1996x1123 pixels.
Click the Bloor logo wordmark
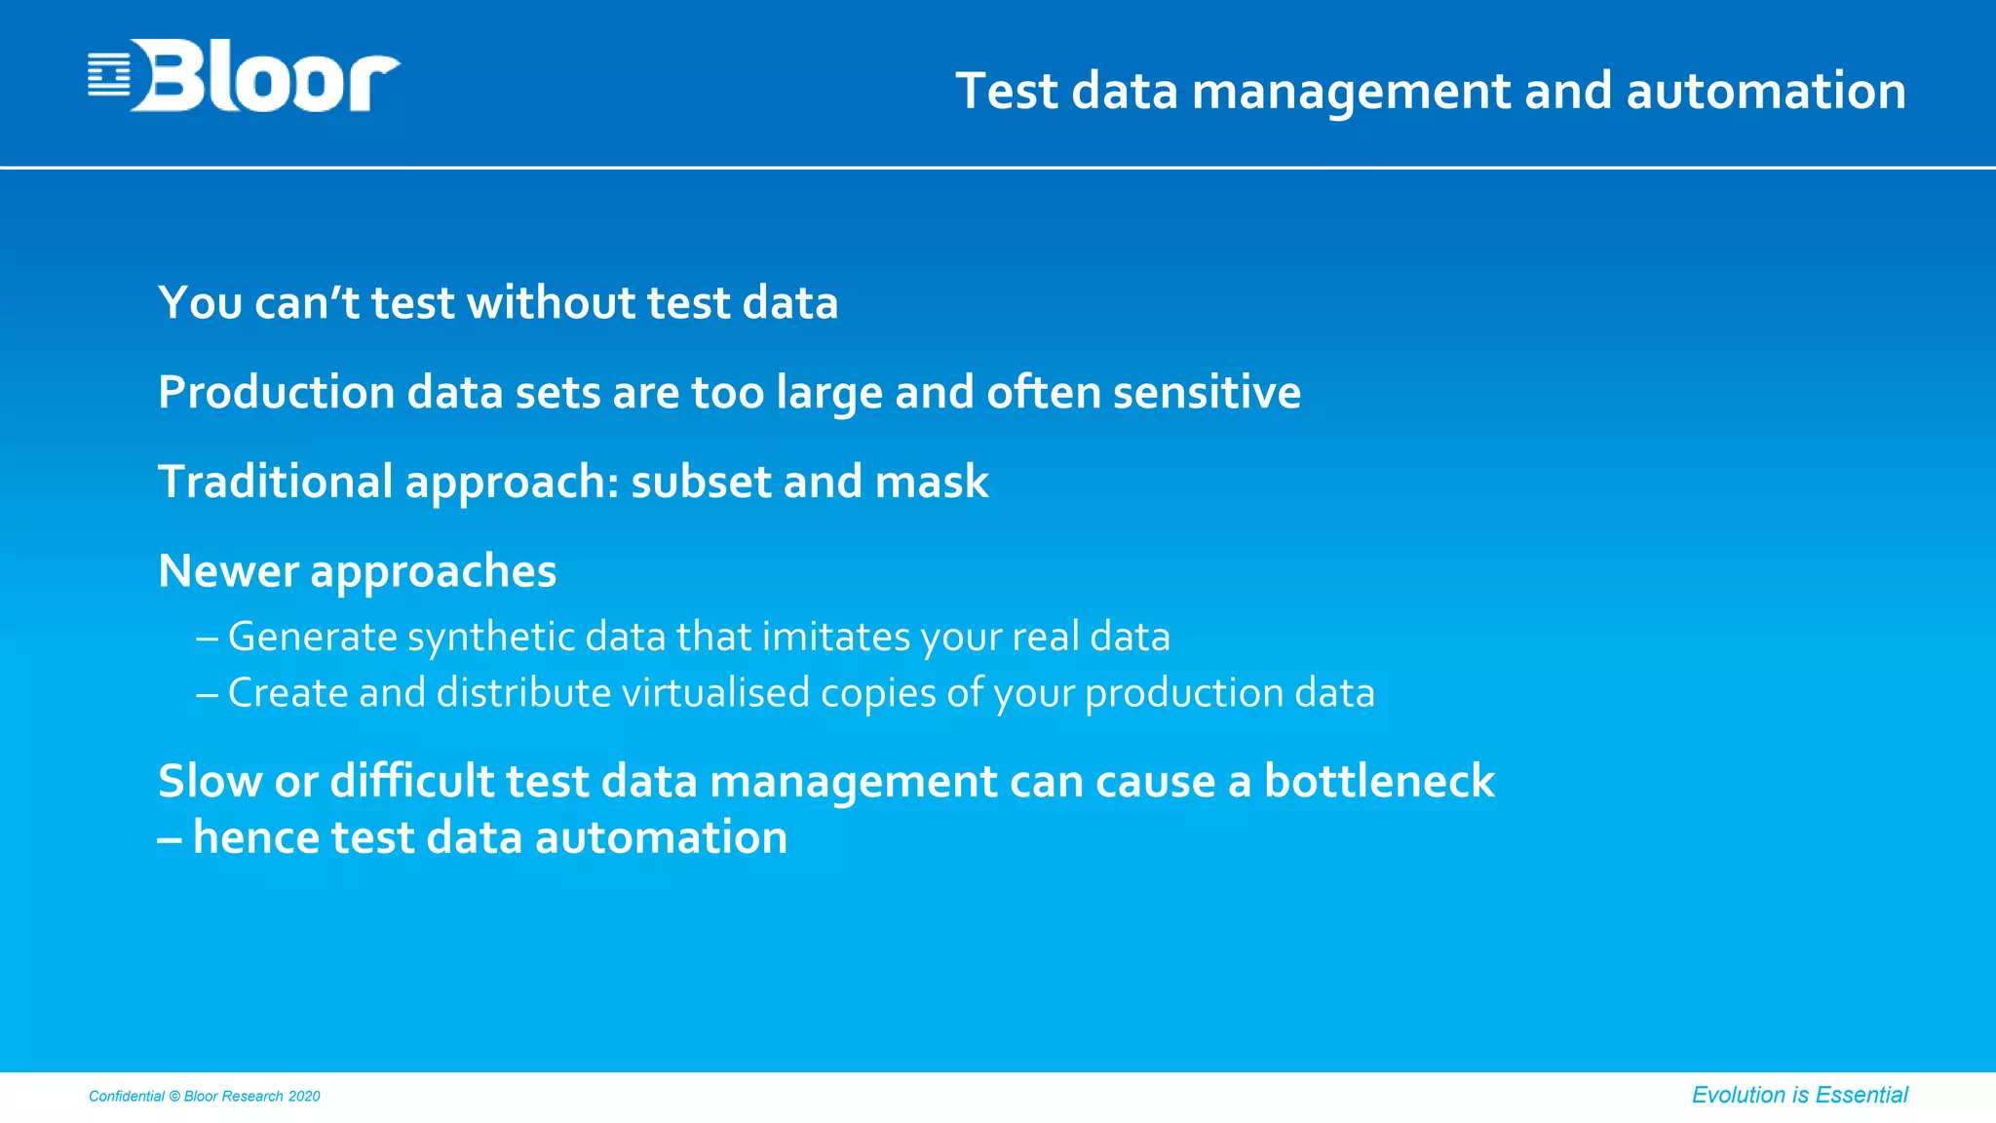coord(265,76)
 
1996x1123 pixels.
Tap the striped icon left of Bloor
coord(108,75)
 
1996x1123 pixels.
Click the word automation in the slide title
coord(1765,91)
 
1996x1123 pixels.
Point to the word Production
coord(276,392)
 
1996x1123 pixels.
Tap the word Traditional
coord(275,482)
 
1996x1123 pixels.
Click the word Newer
coord(228,571)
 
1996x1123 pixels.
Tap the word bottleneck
coord(1378,781)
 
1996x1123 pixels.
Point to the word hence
coord(256,837)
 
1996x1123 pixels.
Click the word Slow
coord(210,781)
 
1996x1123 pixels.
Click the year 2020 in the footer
coord(304,1097)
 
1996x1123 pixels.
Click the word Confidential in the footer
coord(127,1097)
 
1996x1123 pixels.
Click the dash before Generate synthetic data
coord(207,639)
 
